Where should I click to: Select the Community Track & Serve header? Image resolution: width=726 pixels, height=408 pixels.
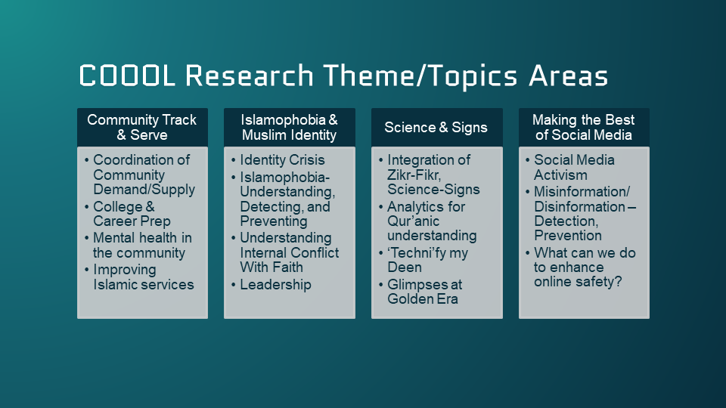[142, 128]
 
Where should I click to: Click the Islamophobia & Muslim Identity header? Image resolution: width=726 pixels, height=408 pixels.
[289, 128]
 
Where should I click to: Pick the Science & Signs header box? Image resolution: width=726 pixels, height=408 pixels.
[436, 128]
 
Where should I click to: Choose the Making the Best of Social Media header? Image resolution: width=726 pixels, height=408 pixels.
[583, 128]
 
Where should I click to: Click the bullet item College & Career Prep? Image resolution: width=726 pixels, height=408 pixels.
[132, 214]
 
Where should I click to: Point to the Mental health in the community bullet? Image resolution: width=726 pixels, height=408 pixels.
[141, 246]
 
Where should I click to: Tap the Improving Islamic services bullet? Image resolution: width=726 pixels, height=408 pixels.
[143, 277]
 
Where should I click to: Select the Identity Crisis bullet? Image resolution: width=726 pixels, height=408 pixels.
[282, 160]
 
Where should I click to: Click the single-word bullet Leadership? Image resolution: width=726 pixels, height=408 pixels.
[275, 285]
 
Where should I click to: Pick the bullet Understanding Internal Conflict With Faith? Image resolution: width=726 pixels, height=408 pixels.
[289, 253]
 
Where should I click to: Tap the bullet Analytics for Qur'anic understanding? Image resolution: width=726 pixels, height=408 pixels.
[431, 221]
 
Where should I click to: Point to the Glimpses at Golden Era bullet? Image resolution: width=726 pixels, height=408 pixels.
[424, 292]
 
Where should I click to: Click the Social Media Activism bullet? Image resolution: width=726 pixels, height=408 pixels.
[574, 168]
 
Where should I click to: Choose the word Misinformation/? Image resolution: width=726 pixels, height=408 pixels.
[582, 191]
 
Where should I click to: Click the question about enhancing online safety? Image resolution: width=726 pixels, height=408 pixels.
[585, 267]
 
